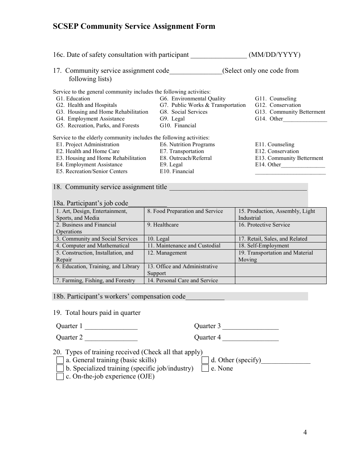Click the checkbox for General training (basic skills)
(60, 360)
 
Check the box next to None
(205, 368)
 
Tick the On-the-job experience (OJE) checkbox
(60, 376)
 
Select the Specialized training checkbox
(60, 368)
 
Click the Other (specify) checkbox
(205, 360)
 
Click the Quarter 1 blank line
(111, 327)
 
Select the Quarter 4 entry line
(250, 338)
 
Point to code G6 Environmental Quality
(193, 99)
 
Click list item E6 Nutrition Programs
(187, 145)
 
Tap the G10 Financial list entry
(178, 126)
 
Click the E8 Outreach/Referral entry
(186, 158)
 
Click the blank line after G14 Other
(305, 119)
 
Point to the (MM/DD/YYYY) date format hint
(274, 55)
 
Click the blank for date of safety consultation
(218, 55)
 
